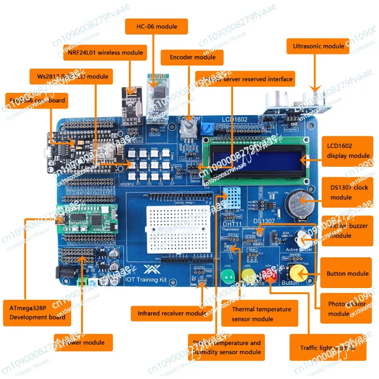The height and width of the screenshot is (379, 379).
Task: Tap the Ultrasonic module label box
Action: pos(318,47)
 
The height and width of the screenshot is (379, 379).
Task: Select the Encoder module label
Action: pos(188,57)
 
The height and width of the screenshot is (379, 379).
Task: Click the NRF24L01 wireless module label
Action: pos(105,53)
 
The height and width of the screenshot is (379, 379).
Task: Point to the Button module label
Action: pos(347,273)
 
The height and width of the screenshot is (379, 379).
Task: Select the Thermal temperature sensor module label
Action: pos(262,314)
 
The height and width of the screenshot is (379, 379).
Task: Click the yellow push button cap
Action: pos(298,272)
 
